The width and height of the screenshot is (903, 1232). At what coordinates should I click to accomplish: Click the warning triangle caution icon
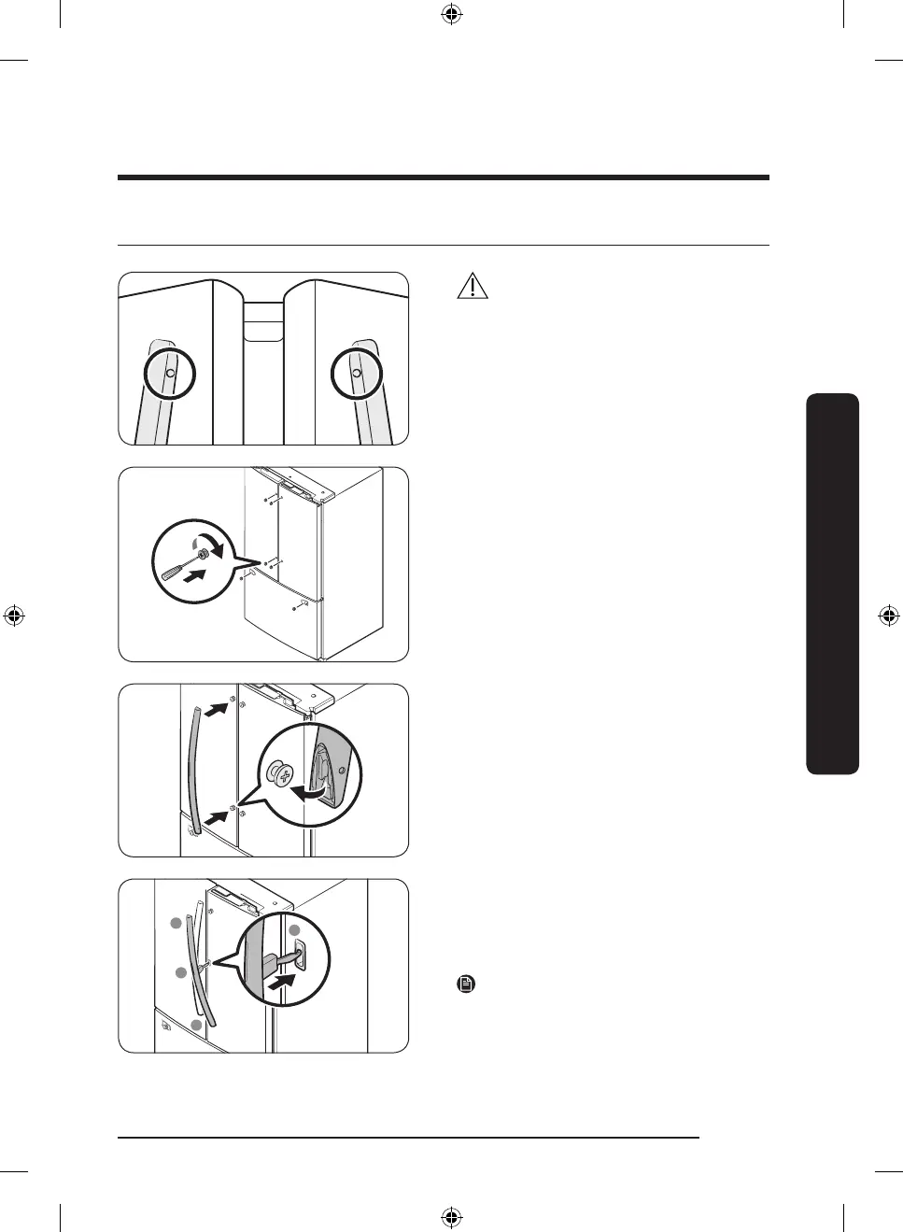point(473,286)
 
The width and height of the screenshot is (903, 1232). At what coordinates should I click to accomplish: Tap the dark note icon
point(466,984)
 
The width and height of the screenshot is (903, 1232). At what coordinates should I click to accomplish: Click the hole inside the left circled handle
point(170,373)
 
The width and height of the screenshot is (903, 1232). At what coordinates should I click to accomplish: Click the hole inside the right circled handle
point(357,373)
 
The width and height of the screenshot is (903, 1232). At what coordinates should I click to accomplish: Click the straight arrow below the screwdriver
point(193,578)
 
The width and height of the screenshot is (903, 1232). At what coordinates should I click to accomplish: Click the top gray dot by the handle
point(175,924)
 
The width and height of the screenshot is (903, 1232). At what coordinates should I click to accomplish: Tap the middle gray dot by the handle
point(182,973)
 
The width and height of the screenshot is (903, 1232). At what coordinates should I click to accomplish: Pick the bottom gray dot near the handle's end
point(197,1026)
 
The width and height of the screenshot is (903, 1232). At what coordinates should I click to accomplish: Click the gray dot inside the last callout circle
point(294,930)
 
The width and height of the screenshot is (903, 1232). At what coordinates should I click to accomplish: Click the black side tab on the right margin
point(832,584)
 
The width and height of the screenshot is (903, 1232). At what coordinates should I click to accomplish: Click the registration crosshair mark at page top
point(451,14)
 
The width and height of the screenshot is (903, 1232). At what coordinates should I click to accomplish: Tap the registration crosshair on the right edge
point(888,616)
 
